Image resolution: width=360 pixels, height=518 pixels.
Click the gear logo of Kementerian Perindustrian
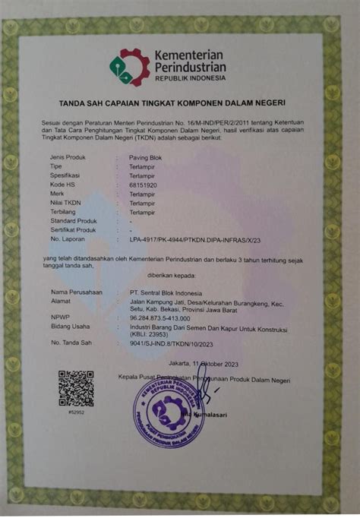(x=130, y=67)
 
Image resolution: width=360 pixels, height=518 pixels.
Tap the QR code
(x=76, y=387)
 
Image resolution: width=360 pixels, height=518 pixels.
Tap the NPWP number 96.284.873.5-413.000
(x=159, y=317)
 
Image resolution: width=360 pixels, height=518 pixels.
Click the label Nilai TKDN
(x=65, y=204)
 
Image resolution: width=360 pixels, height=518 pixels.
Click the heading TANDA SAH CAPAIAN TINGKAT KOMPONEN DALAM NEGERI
(x=180, y=101)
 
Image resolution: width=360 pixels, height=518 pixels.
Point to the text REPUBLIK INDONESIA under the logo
(x=190, y=78)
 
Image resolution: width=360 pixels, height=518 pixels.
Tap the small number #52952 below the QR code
(x=76, y=412)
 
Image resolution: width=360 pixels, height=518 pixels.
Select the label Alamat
(x=60, y=300)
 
